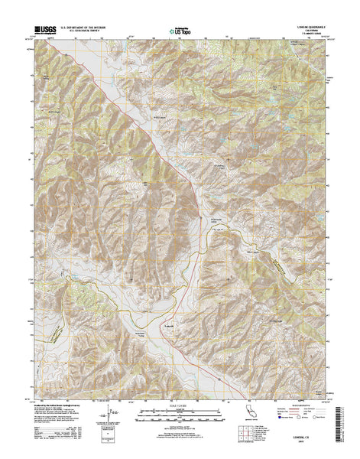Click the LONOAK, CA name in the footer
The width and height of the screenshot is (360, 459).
point(306,436)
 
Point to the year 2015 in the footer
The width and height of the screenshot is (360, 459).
point(306,441)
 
